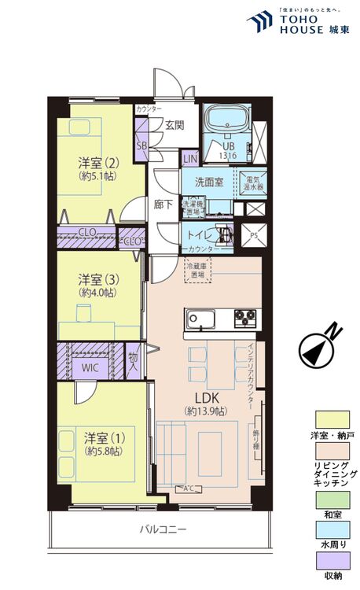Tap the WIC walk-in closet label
coord(90,367)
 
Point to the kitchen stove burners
coord(245,319)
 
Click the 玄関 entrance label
coord(174,124)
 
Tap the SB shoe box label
coord(141,146)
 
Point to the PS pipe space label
coord(253,234)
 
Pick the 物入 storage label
coord(134,362)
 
